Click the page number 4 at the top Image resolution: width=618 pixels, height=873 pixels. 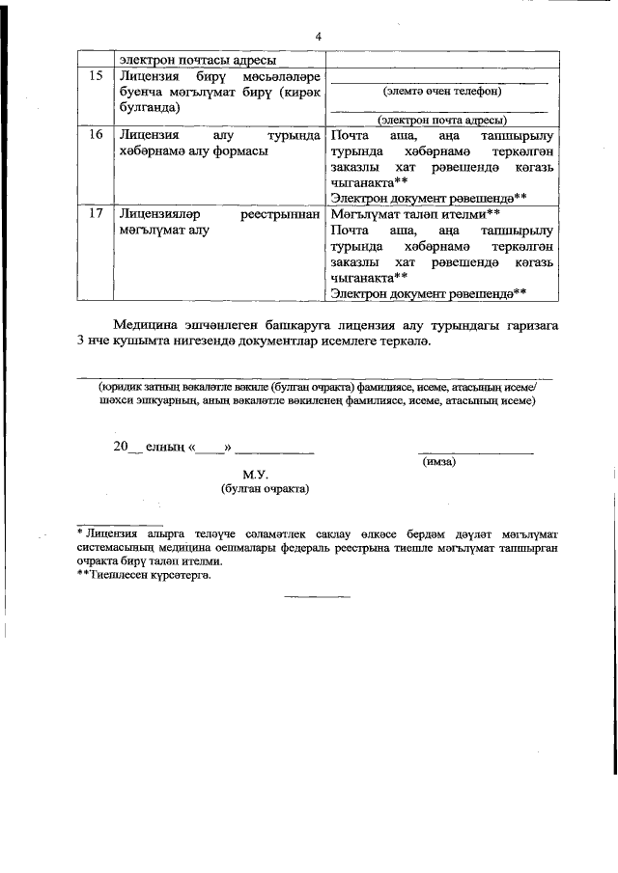coord(317,37)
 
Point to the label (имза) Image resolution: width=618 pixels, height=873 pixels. coord(439,462)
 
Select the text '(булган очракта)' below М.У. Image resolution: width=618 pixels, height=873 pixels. coord(265,490)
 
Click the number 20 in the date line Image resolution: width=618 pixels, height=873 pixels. coord(121,447)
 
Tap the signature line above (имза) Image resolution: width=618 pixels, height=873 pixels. coord(475,452)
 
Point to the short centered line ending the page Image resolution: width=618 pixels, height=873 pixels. coord(317,597)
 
